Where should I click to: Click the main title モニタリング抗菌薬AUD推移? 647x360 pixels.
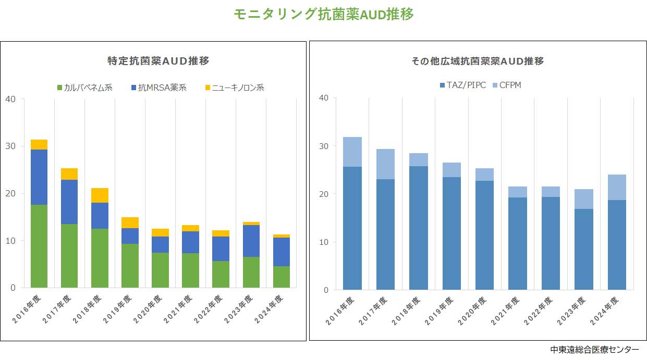pyautogui.click(x=323, y=15)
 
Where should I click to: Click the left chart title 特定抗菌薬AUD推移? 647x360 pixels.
pyautogui.click(x=158, y=61)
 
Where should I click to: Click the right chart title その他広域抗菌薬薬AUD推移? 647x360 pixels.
pyautogui.click(x=477, y=61)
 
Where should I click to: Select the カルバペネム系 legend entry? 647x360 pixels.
pyautogui.click(x=84, y=88)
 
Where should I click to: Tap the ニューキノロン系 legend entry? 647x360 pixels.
pyautogui.click(x=234, y=88)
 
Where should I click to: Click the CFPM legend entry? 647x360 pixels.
pyautogui.click(x=506, y=85)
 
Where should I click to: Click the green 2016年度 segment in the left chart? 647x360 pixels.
pyautogui.click(x=39, y=246)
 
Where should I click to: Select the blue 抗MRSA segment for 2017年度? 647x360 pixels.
pyautogui.click(x=69, y=202)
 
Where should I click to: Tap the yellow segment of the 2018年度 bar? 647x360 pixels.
pyautogui.click(x=100, y=195)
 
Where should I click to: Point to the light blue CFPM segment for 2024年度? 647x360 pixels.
pyautogui.click(x=617, y=187)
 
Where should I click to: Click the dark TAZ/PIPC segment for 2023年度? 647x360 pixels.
pyautogui.click(x=584, y=249)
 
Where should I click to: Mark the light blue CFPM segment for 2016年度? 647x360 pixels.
pyautogui.click(x=352, y=152)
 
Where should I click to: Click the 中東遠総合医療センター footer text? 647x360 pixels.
pyautogui.click(x=594, y=350)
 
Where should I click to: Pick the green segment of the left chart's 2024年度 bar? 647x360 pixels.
pyautogui.click(x=281, y=277)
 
